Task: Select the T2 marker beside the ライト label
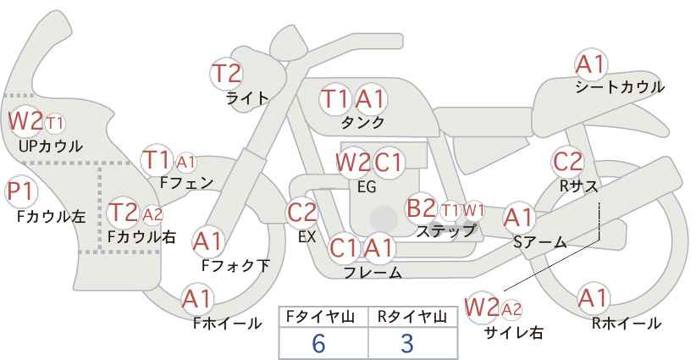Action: (x=227, y=74)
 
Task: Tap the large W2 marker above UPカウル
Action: (x=25, y=121)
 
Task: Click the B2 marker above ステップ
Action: (x=421, y=208)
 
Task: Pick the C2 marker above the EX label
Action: (x=302, y=213)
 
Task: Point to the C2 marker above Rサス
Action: (x=568, y=162)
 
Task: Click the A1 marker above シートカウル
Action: (x=591, y=65)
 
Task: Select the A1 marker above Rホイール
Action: (x=593, y=298)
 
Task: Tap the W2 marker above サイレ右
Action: (x=482, y=307)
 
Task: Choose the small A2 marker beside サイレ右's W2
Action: (x=511, y=309)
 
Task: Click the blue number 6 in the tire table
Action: (x=318, y=343)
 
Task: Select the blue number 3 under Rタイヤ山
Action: (x=407, y=343)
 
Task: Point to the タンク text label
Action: (x=362, y=122)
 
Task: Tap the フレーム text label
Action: (x=373, y=273)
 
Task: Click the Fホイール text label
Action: (x=227, y=324)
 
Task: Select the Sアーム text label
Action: (x=540, y=242)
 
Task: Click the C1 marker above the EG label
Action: (x=388, y=163)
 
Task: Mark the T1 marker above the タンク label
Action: (x=335, y=99)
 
